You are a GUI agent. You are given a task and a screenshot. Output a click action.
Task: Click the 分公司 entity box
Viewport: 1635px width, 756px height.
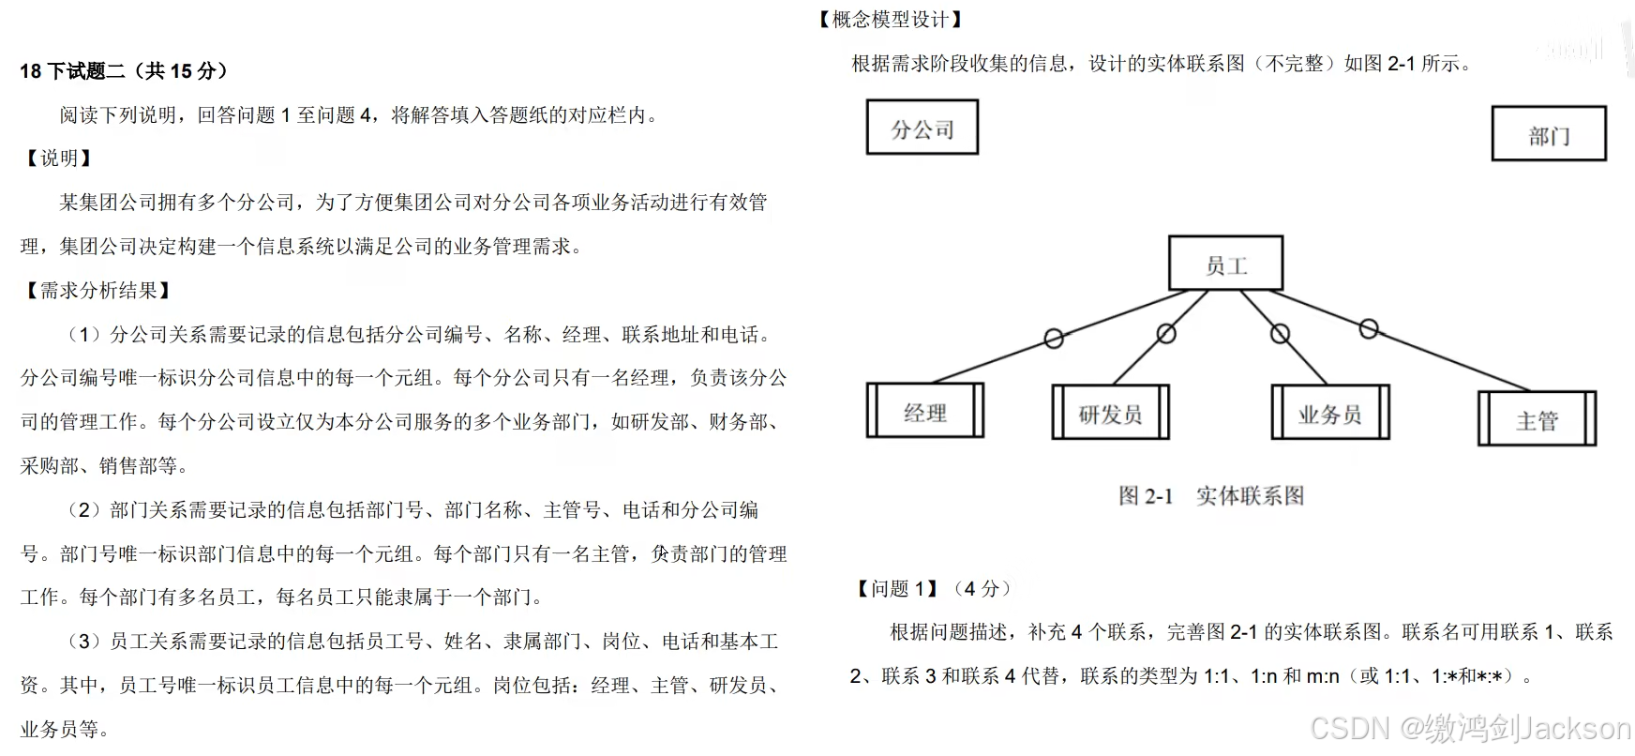[x=922, y=128]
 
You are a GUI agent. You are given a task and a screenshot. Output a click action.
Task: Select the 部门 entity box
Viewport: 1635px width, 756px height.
[x=1549, y=134]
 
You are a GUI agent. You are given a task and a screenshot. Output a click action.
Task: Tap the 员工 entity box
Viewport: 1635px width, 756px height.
[x=1225, y=264]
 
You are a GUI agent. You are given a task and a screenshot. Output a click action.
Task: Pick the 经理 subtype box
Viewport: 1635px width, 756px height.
[x=925, y=411]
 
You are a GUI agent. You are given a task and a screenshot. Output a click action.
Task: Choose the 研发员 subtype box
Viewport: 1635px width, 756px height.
[x=1110, y=412]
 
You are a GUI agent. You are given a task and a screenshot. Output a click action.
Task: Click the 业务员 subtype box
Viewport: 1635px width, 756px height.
[x=1329, y=412]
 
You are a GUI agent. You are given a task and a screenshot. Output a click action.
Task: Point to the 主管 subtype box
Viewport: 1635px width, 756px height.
[x=1537, y=418]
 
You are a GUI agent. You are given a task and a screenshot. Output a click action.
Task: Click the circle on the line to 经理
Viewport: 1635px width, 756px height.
[x=1054, y=338]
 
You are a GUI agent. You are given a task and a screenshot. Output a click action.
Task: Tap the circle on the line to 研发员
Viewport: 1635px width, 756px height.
[x=1166, y=333]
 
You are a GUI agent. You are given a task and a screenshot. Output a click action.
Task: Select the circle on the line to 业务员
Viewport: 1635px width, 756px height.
[x=1280, y=334]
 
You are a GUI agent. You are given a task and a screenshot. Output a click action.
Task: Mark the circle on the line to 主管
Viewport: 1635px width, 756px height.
[x=1369, y=329]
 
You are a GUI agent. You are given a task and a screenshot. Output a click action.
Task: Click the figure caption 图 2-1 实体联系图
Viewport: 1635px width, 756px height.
[x=1211, y=495]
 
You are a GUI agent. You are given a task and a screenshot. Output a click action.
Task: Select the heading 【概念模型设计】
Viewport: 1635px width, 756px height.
[x=891, y=19]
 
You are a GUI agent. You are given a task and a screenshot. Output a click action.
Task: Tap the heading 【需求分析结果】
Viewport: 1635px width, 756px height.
[x=98, y=291]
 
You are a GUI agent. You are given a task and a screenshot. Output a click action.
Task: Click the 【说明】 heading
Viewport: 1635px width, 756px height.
[x=58, y=158]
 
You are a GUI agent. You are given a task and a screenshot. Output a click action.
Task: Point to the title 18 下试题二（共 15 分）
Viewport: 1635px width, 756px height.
[x=124, y=70]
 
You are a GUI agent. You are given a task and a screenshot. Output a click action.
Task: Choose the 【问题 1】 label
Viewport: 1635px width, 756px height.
[x=897, y=588]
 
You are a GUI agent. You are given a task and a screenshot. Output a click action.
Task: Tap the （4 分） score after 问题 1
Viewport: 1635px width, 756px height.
[x=982, y=588]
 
